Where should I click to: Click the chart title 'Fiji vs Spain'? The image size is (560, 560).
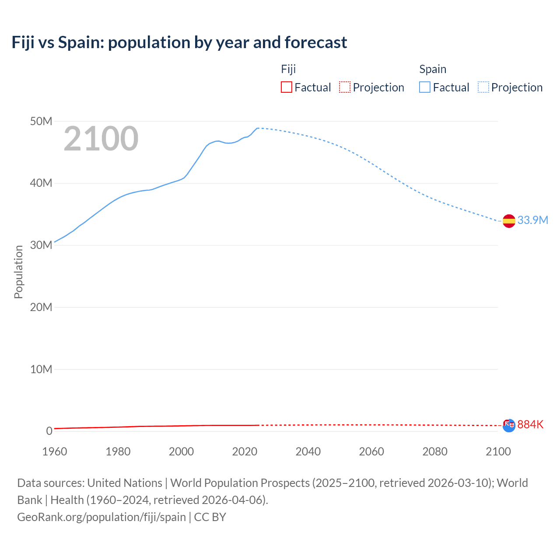[179, 42]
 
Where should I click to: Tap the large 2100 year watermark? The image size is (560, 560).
[101, 139]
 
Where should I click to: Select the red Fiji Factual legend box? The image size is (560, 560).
[286, 87]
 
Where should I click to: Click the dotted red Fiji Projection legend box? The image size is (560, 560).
[345, 87]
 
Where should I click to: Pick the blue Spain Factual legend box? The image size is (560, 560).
[424, 87]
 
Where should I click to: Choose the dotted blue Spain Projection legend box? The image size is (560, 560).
[483, 87]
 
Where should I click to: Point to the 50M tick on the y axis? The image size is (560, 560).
[41, 121]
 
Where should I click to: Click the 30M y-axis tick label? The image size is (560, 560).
[41, 245]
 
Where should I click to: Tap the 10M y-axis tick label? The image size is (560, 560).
[41, 369]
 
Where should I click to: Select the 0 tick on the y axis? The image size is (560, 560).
[49, 431]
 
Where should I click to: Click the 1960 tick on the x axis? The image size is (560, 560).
[55, 451]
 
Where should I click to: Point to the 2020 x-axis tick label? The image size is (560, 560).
[245, 451]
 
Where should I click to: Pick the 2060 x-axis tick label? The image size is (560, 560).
[371, 451]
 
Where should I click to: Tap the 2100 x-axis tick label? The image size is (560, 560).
[498, 451]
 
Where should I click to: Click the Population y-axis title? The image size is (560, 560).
[18, 272]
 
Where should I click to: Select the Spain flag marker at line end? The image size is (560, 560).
[509, 221]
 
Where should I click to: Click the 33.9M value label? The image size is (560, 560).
[532, 220]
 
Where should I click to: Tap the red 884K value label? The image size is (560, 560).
[530, 424]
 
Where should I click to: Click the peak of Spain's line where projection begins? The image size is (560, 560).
[258, 128]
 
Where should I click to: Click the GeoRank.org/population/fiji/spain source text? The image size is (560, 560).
[101, 517]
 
